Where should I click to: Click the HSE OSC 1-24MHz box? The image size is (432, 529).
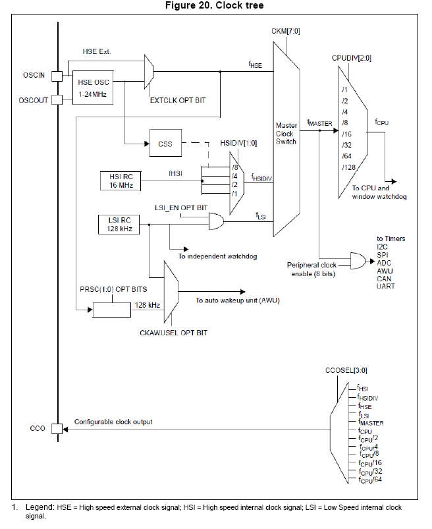pyautogui.click(x=93, y=88)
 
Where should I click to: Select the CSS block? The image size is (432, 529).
pyautogui.click(x=165, y=143)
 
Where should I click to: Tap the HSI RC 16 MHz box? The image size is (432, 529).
pyautogui.click(x=121, y=181)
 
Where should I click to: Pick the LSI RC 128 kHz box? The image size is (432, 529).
pyautogui.click(x=119, y=225)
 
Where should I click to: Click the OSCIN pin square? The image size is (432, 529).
pyautogui.click(x=57, y=76)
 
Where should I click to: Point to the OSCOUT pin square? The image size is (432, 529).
pyautogui.click(x=57, y=100)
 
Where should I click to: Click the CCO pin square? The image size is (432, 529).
pyautogui.click(x=57, y=428)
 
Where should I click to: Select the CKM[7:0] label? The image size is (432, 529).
pyautogui.click(x=286, y=32)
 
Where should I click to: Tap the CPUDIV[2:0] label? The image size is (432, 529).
pyautogui.click(x=352, y=58)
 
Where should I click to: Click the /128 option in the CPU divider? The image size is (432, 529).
pyautogui.click(x=349, y=167)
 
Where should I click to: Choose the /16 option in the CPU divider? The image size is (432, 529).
pyautogui.click(x=346, y=134)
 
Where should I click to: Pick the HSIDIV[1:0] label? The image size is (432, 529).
pyautogui.click(x=238, y=144)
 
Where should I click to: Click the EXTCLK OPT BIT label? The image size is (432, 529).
pyautogui.click(x=178, y=100)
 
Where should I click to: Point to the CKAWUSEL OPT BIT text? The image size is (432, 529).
pyautogui.click(x=173, y=333)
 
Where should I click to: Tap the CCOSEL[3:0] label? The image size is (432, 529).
pyautogui.click(x=346, y=370)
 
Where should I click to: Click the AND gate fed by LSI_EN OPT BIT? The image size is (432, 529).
pyautogui.click(x=216, y=221)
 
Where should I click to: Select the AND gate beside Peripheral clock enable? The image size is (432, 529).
pyautogui.click(x=358, y=260)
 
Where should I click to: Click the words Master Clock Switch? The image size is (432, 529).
pyautogui.click(x=286, y=134)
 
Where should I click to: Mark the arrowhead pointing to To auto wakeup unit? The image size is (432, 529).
pyautogui.click(x=243, y=291)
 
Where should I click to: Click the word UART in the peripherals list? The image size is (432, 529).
pyautogui.click(x=385, y=286)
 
